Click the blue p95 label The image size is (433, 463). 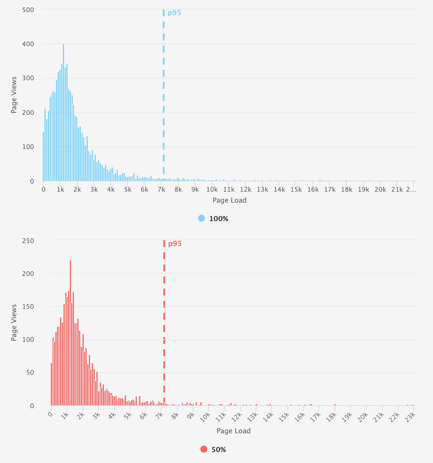(x=174, y=13)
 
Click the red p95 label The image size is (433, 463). (x=175, y=244)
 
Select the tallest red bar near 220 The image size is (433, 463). (x=70, y=332)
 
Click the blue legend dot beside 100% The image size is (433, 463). (x=201, y=219)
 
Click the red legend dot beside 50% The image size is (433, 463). (x=204, y=449)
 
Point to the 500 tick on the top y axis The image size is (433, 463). (x=28, y=10)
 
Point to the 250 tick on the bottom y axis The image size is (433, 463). (x=28, y=241)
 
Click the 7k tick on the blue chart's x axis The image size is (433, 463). (x=161, y=190)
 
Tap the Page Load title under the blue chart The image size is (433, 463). (x=229, y=200)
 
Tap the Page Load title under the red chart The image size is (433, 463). (x=234, y=431)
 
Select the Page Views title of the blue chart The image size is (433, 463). (x=14, y=95)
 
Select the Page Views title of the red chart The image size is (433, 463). (x=14, y=322)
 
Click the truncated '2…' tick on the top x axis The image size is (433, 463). (x=411, y=190)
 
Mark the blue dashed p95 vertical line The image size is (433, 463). (x=164, y=87)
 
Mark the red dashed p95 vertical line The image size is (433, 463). (x=164, y=318)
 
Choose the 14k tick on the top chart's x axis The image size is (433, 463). (x=279, y=190)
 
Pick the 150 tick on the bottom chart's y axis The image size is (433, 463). (x=28, y=307)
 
